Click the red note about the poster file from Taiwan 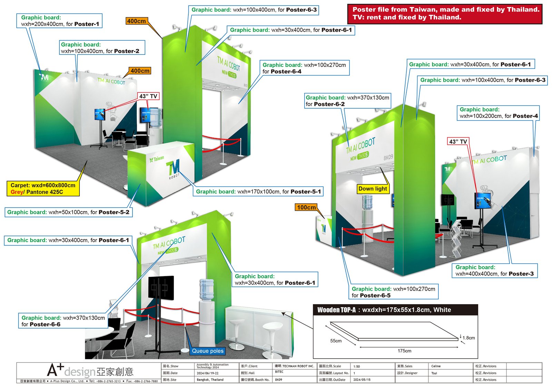(x=445, y=14)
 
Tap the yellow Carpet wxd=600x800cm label (x=43, y=189)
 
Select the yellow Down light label (x=373, y=189)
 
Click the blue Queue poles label (x=208, y=351)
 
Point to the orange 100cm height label (x=306, y=207)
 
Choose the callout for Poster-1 (x=60, y=21)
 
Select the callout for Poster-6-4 (x=304, y=68)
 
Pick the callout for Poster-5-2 (x=68, y=212)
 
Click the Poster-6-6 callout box (x=63, y=321)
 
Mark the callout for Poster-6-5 (x=393, y=292)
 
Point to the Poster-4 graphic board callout (x=498, y=113)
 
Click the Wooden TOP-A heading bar (x=395, y=310)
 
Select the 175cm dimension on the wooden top (x=404, y=351)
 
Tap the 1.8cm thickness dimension (x=469, y=338)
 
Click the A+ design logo (x=90, y=371)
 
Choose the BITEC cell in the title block (x=279, y=372)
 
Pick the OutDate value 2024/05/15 (x=362, y=380)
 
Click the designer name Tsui (x=434, y=373)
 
